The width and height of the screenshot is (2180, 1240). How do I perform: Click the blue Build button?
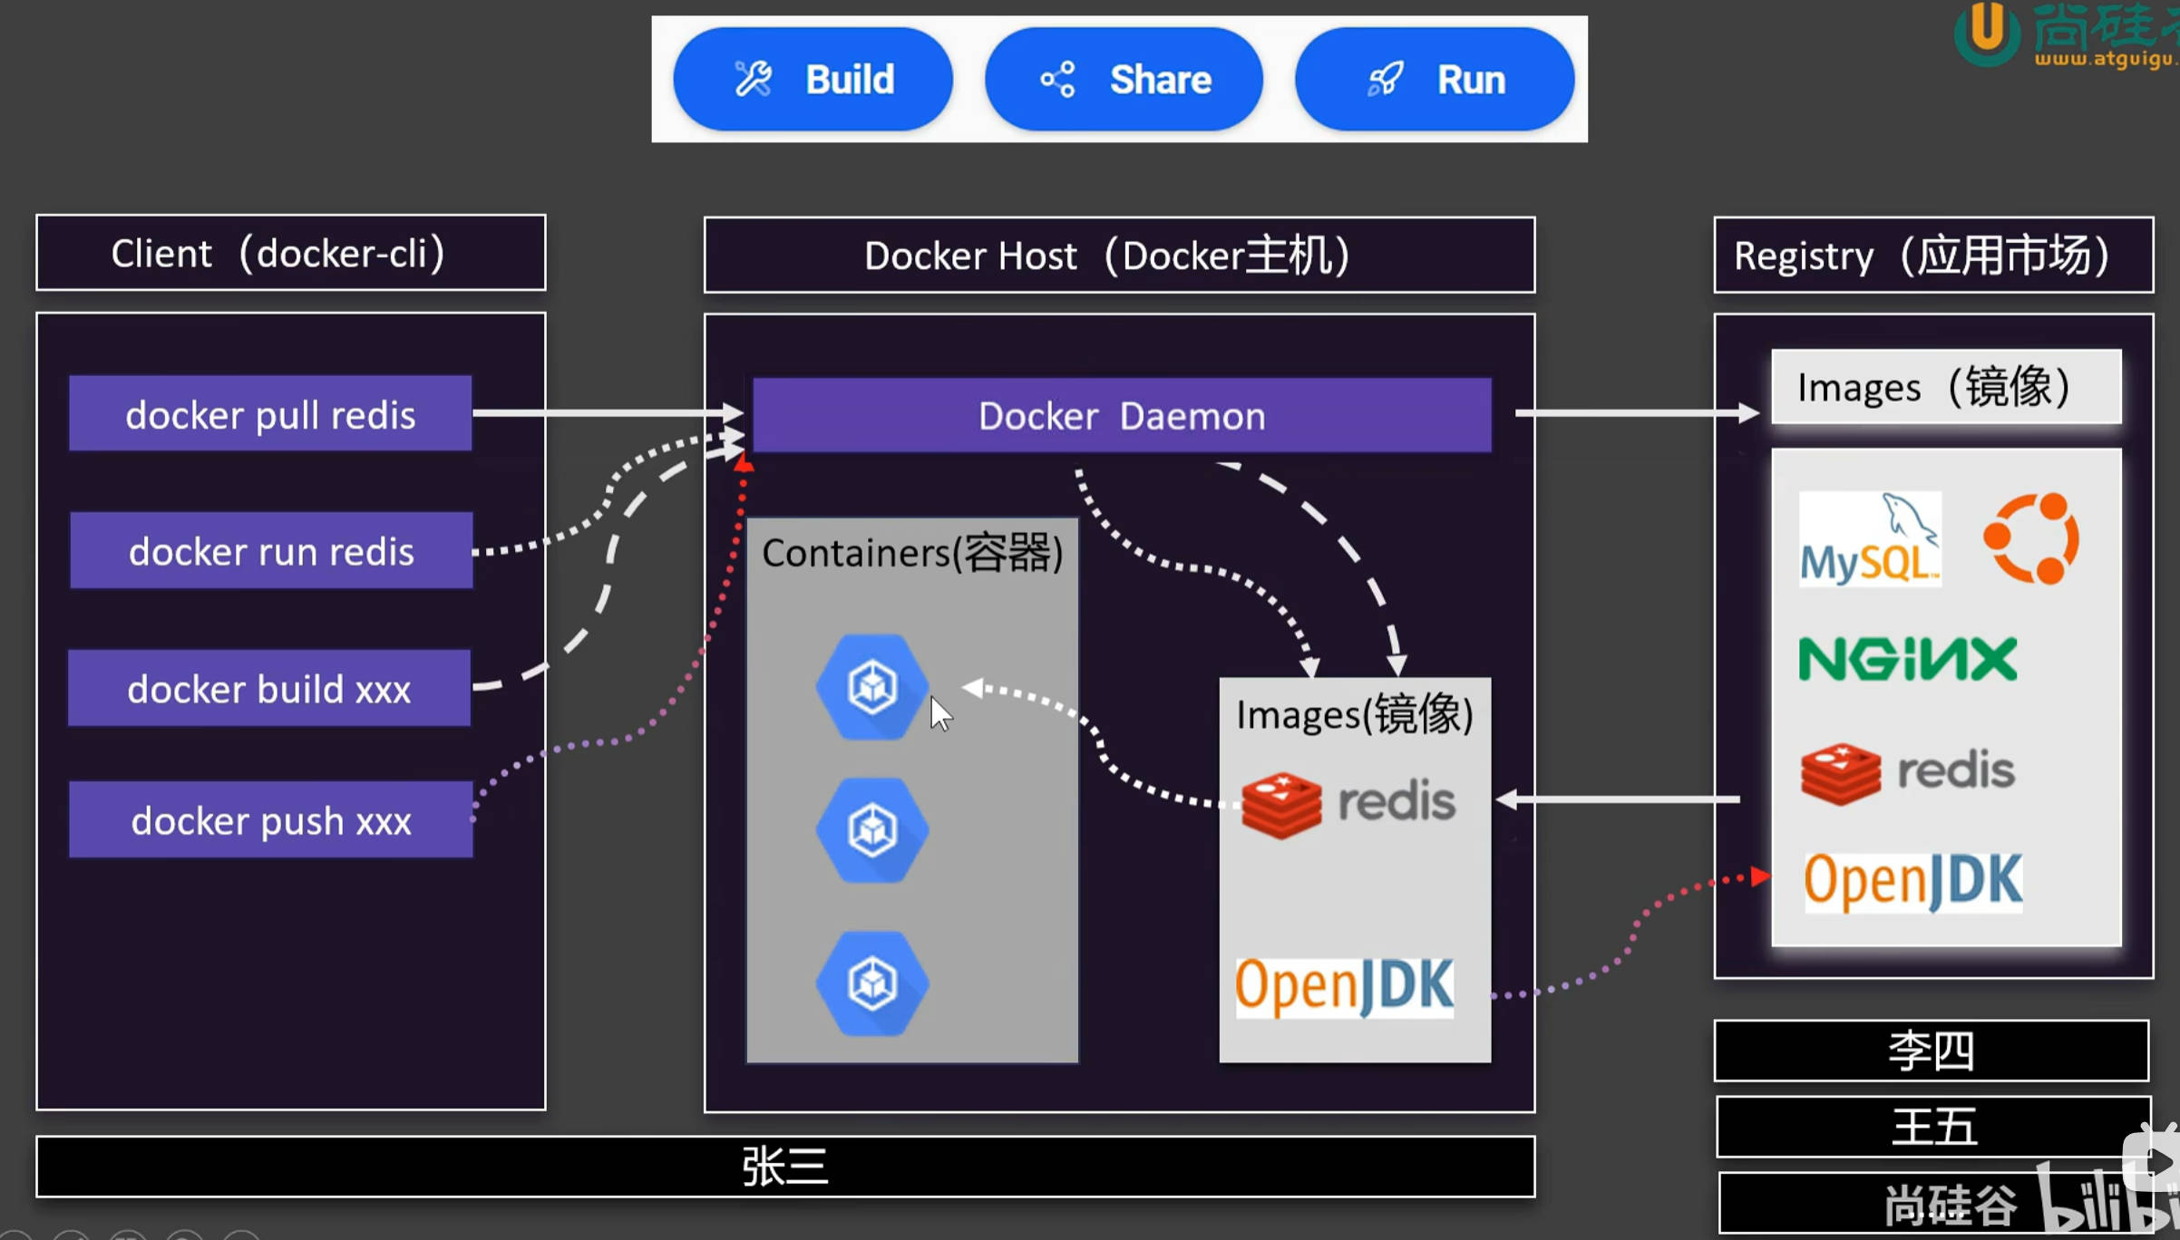(813, 80)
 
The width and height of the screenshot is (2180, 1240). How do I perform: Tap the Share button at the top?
(1124, 80)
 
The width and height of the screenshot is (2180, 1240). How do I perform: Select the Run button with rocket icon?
(1435, 80)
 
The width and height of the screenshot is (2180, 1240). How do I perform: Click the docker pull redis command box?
(270, 414)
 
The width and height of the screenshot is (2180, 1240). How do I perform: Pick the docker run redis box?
(271, 551)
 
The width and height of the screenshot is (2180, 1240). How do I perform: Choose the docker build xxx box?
(269, 689)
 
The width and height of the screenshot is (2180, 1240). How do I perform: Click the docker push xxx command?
(271, 820)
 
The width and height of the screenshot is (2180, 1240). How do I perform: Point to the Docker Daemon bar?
(1122, 416)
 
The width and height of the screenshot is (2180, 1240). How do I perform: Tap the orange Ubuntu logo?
(2030, 538)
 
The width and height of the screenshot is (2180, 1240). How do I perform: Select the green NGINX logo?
(1908, 659)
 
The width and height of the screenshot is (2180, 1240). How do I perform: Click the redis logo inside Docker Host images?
(1348, 804)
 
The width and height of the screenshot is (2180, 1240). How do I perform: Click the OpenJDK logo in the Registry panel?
(1912, 881)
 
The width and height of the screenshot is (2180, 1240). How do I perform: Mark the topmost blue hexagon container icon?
(872, 687)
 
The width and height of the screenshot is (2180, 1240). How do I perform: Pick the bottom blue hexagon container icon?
(872, 983)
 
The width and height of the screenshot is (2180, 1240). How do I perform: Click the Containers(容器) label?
(912, 553)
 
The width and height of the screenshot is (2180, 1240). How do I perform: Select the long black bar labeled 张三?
(785, 1167)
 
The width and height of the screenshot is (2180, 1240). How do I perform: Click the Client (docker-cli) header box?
(290, 253)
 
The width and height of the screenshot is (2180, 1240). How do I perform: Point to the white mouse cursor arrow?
(940, 713)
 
